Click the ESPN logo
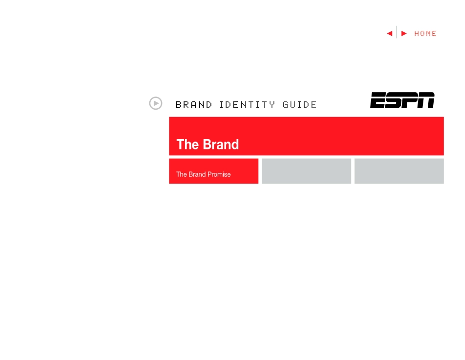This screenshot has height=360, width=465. click(x=402, y=100)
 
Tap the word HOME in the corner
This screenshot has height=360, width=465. click(x=425, y=33)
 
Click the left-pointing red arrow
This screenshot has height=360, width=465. click(x=390, y=33)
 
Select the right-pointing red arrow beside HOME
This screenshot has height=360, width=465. click(x=404, y=33)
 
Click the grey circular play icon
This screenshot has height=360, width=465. click(x=156, y=103)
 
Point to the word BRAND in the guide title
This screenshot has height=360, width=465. click(x=194, y=105)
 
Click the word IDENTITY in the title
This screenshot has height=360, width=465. click(x=247, y=105)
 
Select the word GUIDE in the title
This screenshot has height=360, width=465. click(x=300, y=105)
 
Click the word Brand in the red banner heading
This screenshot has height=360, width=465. click(x=220, y=144)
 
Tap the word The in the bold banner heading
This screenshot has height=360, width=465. click(x=187, y=144)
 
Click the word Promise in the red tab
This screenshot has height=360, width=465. click(x=218, y=174)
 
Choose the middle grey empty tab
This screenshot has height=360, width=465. click(x=306, y=171)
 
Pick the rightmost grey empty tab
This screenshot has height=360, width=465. click(x=399, y=171)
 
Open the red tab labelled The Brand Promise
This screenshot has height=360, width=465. click(x=213, y=171)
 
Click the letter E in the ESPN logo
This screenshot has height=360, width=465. click(x=378, y=100)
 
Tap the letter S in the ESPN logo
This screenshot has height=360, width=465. click(x=394, y=100)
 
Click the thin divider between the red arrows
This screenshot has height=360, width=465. click(x=396, y=33)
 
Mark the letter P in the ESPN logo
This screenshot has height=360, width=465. click(x=410, y=100)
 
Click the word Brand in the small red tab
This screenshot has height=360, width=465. click(x=198, y=174)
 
